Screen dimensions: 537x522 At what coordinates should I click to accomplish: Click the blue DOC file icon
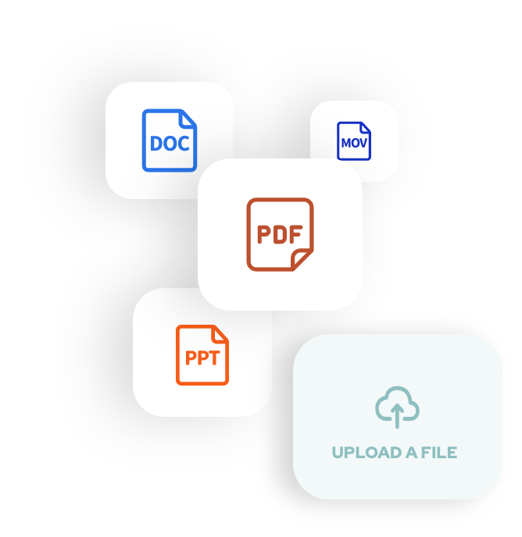point(169,140)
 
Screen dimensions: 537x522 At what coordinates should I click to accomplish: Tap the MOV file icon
point(354,141)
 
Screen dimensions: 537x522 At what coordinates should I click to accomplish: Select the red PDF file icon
point(280,234)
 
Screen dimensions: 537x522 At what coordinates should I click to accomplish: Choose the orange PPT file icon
point(202,355)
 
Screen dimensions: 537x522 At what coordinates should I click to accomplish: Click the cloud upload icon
point(397,407)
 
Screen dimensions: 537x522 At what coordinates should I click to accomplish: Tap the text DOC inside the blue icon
point(169,144)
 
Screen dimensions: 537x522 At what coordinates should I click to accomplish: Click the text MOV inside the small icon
point(354,144)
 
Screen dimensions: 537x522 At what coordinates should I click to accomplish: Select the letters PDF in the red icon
point(279,233)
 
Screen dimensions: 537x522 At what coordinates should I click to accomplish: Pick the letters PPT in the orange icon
point(202,359)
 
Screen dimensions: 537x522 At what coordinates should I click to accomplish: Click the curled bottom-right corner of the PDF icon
point(302,261)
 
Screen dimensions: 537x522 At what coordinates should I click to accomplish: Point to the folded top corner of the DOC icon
point(188,119)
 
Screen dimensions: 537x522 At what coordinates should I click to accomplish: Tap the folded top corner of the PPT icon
point(220,334)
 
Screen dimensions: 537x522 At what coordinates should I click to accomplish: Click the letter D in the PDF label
point(279,233)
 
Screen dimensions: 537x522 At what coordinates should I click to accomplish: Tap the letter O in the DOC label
point(169,144)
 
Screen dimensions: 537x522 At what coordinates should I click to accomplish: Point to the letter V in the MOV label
point(363,144)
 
